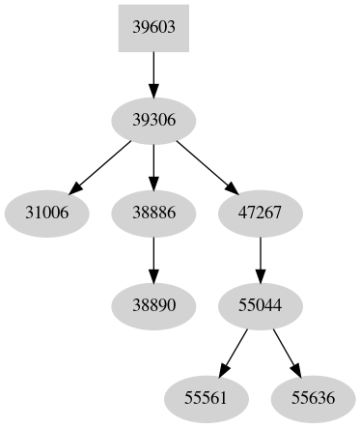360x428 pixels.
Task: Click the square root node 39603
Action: click(x=152, y=27)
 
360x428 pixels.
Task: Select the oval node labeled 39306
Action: click(x=152, y=119)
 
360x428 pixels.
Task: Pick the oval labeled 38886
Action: click(x=152, y=211)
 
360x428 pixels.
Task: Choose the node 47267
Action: click(x=259, y=211)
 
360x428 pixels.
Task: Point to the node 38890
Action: click(x=152, y=303)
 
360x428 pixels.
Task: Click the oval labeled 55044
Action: click(x=259, y=303)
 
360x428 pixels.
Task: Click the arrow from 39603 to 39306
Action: click(x=152, y=72)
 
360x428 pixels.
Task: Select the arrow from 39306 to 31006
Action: click(x=101, y=164)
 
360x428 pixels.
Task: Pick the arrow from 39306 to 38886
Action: click(x=152, y=164)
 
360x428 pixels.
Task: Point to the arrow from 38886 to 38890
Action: click(x=152, y=257)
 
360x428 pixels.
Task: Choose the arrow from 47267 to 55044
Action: click(x=259, y=257)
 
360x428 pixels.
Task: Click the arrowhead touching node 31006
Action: click(x=74, y=187)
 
